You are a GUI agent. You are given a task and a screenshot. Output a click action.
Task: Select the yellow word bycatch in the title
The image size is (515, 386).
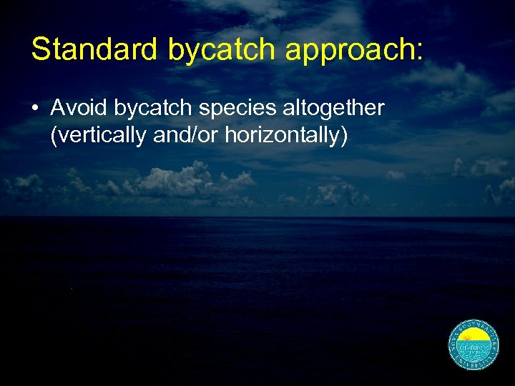[x=222, y=49]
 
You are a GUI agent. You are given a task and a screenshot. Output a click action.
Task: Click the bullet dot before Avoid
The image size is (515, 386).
[x=35, y=109]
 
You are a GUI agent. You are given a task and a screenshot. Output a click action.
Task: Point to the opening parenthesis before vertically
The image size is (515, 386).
[x=54, y=135]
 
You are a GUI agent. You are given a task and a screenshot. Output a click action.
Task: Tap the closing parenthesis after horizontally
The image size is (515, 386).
[x=344, y=135]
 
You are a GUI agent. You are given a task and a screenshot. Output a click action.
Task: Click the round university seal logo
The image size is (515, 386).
[x=473, y=344]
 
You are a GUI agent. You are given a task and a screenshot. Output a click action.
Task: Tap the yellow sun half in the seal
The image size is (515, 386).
[x=473, y=337]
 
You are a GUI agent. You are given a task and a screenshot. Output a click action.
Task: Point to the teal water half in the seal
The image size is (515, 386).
[x=473, y=352]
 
